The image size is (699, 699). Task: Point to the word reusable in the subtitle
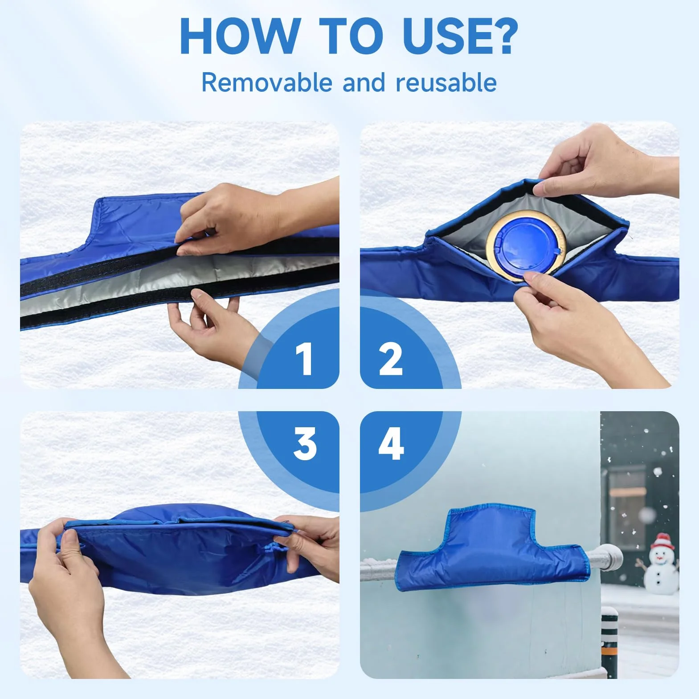[x=446, y=82]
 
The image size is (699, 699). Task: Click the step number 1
[x=305, y=359]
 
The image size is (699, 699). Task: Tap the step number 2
[x=391, y=359]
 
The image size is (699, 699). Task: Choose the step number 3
[x=305, y=444]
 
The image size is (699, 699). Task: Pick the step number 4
[x=391, y=444]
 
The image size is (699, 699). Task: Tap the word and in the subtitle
[x=364, y=82]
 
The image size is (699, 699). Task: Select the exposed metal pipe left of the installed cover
[x=379, y=568]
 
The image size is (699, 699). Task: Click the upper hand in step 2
[x=606, y=163]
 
